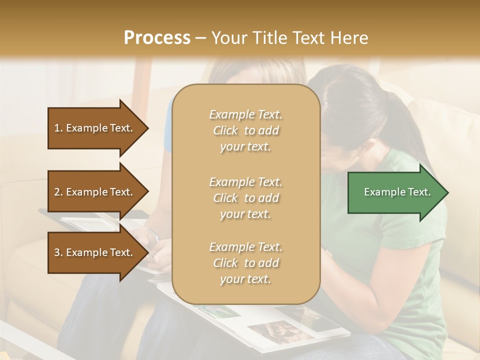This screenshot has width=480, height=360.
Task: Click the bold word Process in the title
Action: pos(157,38)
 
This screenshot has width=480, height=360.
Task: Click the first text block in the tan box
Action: pos(245,130)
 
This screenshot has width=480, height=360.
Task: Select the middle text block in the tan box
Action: pos(245,198)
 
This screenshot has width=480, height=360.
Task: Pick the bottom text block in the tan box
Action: pos(245,263)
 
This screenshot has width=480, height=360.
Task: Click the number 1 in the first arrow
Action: pos(57,128)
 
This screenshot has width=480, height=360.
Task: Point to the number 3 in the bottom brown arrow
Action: pos(57,252)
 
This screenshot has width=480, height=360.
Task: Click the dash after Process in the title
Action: pos(201,38)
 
